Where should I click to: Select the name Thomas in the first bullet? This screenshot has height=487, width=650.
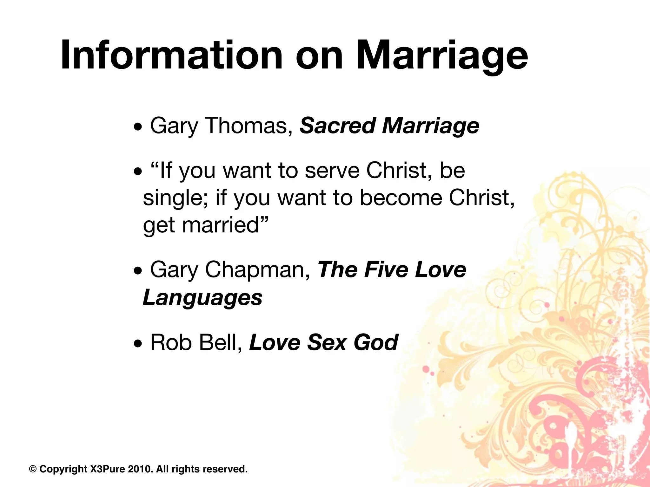coord(249,126)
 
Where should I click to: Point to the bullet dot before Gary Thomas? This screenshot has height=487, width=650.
coord(137,128)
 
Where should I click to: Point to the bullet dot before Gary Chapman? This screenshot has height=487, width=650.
coord(137,272)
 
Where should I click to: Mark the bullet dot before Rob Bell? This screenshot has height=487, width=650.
coord(137,345)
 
